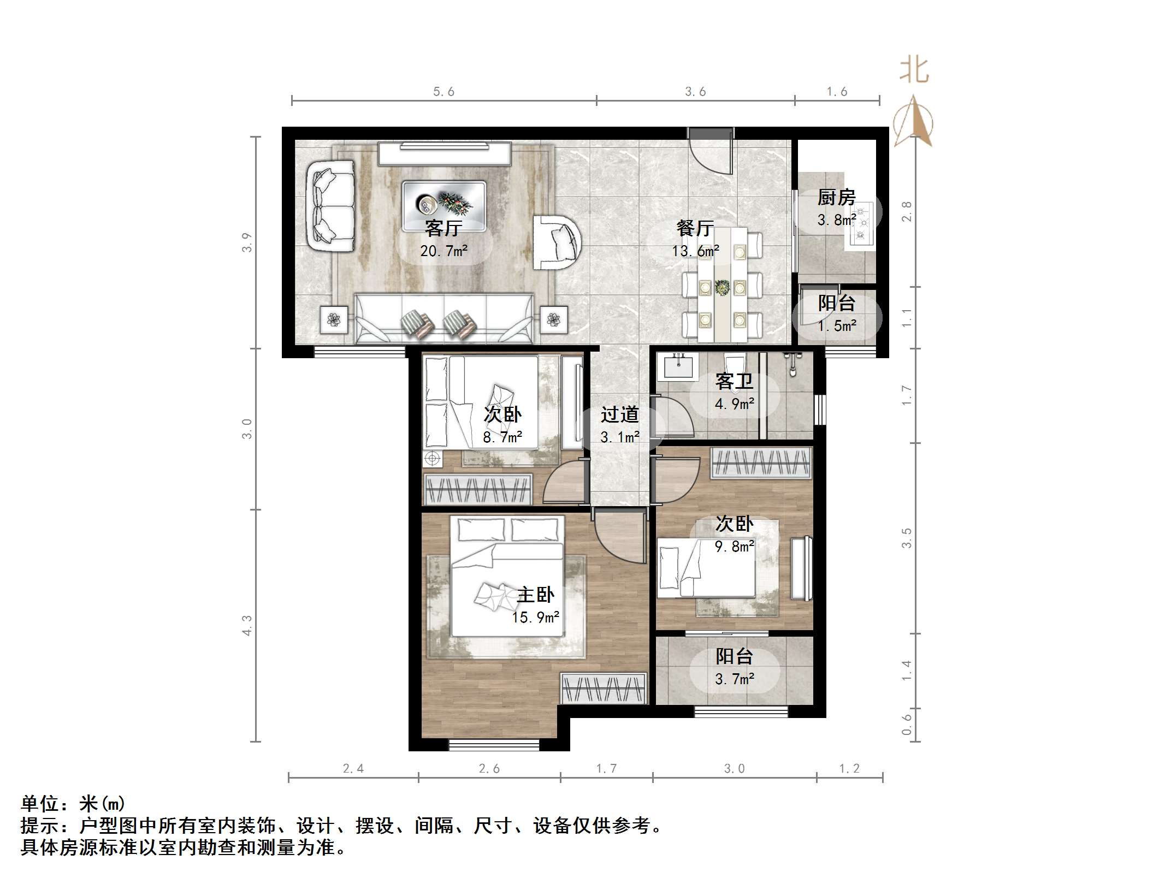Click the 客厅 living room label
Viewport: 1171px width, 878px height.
443,228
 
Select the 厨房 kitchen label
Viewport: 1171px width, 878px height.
836,197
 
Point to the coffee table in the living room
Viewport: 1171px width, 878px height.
443,205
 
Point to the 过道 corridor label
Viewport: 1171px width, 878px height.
619,415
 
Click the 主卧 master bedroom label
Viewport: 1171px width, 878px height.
535,595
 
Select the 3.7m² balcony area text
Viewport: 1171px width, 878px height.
734,679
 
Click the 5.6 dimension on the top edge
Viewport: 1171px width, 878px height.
443,92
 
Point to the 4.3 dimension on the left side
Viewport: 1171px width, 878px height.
247,625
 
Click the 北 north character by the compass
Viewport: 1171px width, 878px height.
914,71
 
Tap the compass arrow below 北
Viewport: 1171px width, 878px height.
913,123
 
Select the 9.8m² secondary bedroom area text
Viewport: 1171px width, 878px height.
734,546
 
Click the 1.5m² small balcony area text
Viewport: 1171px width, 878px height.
836,326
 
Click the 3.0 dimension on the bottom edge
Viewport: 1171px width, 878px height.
734,769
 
